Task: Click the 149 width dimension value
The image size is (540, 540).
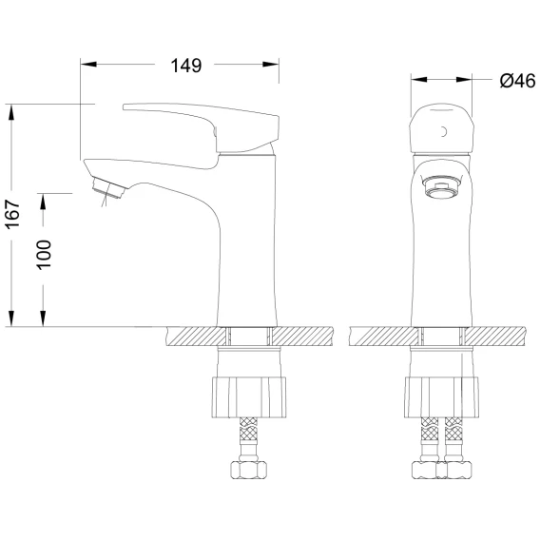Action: [186, 66]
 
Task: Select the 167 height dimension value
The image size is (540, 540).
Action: [12, 214]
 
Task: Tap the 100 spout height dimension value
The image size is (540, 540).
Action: [44, 255]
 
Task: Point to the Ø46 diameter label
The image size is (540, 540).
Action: [517, 81]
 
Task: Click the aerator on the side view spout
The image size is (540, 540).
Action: [108, 188]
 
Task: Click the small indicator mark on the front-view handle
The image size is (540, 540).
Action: [444, 131]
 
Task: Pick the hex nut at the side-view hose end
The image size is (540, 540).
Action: [248, 470]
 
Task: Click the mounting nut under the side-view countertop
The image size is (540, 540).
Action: [249, 397]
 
